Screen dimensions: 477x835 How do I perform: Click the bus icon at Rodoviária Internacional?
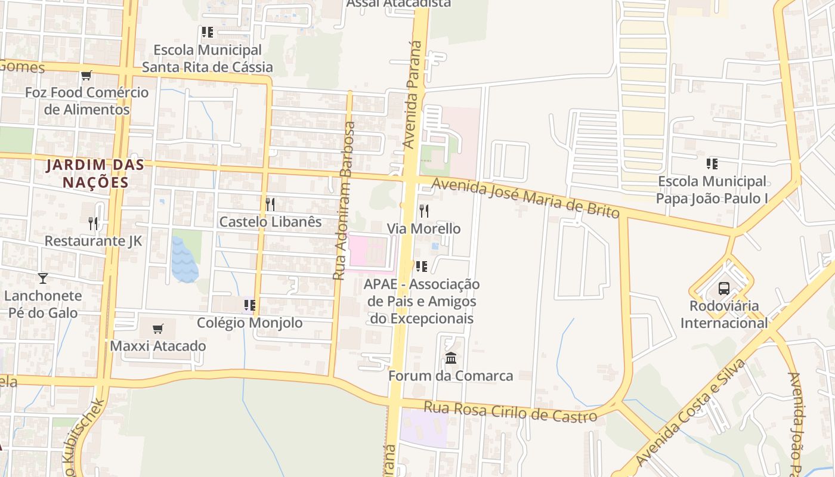(724, 289)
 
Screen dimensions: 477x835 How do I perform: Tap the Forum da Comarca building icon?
(451, 358)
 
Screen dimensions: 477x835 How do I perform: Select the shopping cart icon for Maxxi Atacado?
(158, 329)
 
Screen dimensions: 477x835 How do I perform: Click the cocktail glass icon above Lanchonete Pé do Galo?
(42, 278)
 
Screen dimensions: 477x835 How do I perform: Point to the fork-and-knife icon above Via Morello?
(423, 210)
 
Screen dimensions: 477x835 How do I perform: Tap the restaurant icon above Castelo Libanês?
(270, 205)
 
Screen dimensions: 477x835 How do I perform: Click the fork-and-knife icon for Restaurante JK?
(93, 224)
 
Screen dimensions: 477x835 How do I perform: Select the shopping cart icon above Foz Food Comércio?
(86, 76)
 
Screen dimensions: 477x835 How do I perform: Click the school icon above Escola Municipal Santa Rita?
(207, 32)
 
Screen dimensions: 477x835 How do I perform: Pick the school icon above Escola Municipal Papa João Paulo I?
(712, 163)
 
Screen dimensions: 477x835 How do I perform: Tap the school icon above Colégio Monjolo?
(249, 305)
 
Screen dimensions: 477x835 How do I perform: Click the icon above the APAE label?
(422, 266)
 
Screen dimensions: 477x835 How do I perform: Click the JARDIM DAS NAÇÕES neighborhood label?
(95, 173)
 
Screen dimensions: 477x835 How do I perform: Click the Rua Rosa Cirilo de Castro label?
(510, 411)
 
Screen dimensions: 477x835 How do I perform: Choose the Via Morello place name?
(423, 228)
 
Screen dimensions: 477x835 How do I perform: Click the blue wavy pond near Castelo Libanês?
(185, 259)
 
